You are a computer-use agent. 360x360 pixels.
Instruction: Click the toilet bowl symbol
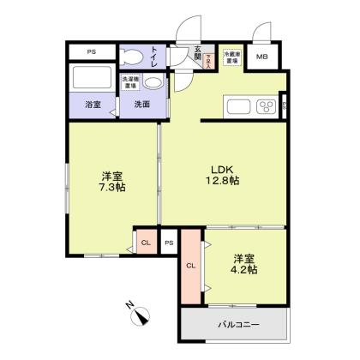[134, 57]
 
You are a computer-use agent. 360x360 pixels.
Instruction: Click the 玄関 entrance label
[197, 55]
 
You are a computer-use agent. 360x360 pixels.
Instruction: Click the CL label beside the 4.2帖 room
[189, 265]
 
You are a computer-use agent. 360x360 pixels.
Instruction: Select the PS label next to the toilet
[89, 52]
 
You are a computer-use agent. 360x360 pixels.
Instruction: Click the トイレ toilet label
[153, 57]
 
